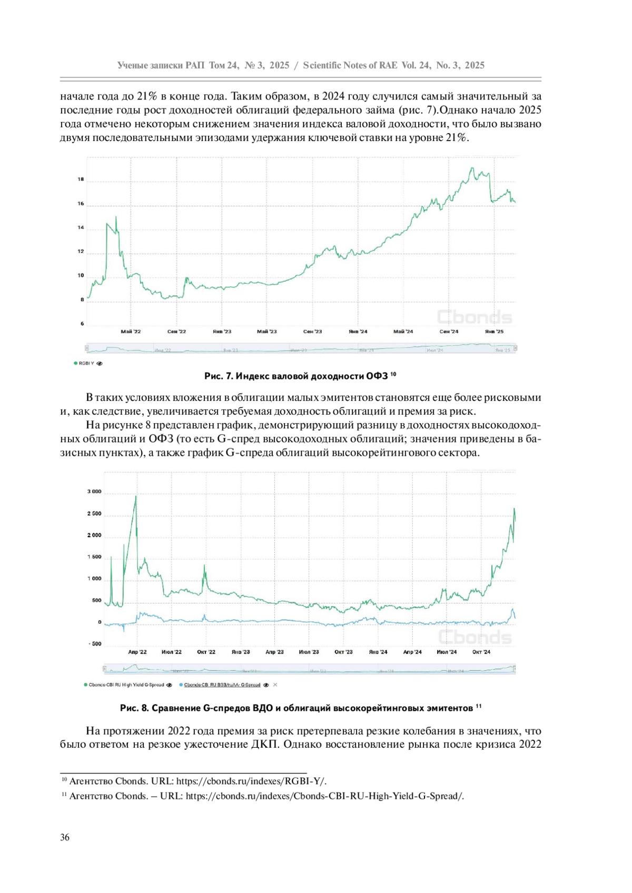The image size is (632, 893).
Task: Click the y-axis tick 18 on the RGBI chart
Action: click(81, 179)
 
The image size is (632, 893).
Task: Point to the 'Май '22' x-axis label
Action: click(131, 332)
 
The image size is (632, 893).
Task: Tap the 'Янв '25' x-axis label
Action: click(494, 332)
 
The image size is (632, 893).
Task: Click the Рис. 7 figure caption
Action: click(300, 376)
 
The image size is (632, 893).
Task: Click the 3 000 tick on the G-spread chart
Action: click(94, 492)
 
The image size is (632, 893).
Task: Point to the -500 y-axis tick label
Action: click(94, 644)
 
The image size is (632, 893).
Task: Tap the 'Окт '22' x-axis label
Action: click(206, 652)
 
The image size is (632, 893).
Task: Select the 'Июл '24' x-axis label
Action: click(447, 652)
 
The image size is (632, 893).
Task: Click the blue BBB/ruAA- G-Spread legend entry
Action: click(222, 685)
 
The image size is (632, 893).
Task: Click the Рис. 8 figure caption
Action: click(300, 708)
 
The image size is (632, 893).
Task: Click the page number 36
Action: click(65, 837)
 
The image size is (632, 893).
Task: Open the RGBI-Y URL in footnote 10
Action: click(251, 781)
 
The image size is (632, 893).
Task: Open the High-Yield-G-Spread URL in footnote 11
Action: click(324, 796)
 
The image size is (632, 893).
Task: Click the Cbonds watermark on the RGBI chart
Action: click(475, 317)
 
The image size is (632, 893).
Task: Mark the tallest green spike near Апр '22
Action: click(135, 497)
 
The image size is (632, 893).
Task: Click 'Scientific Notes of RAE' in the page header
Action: click(350, 65)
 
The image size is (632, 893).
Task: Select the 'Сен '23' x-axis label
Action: click(312, 332)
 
